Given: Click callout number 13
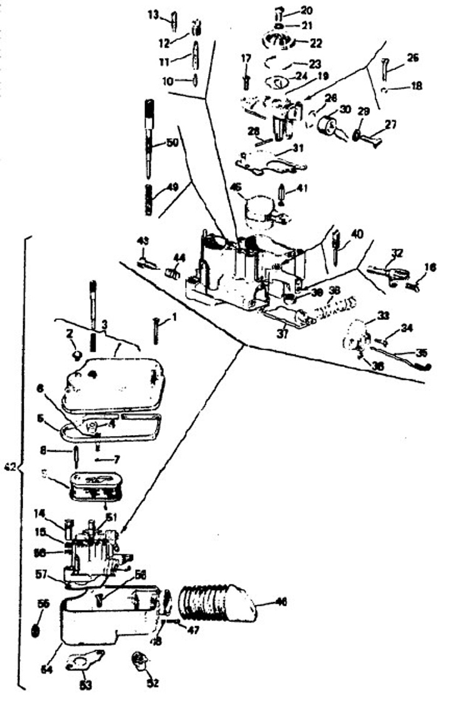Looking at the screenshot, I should pos(153,13).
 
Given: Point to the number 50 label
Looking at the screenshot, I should pos(172,143).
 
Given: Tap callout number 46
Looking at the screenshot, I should pos(281,602).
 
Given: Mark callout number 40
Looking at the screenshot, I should pos(357,234).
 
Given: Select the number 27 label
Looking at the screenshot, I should pos(390,124).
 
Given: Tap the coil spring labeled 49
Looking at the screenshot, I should pos(149,199).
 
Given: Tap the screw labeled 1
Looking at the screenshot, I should pos(156,327).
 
